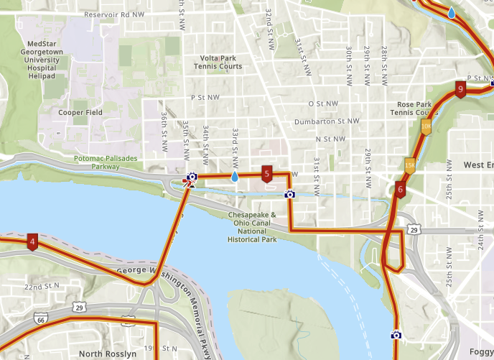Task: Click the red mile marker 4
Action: tap(32, 241)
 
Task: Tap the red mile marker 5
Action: tap(266, 174)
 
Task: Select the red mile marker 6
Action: tap(400, 190)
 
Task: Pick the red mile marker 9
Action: tap(460, 90)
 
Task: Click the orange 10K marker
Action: tap(426, 126)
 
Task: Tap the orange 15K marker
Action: tap(410, 165)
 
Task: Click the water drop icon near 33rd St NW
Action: tap(235, 176)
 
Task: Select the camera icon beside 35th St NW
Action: tap(192, 176)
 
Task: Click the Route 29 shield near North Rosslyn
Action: tap(79, 308)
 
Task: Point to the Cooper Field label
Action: tap(80, 113)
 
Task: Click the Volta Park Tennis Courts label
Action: tap(218, 62)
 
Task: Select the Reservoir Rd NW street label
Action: tap(115, 14)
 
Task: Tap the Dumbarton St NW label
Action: tap(327, 121)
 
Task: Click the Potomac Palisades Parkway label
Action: tap(96, 162)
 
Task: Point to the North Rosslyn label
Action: tap(107, 354)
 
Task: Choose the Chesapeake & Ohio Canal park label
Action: tap(253, 226)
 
